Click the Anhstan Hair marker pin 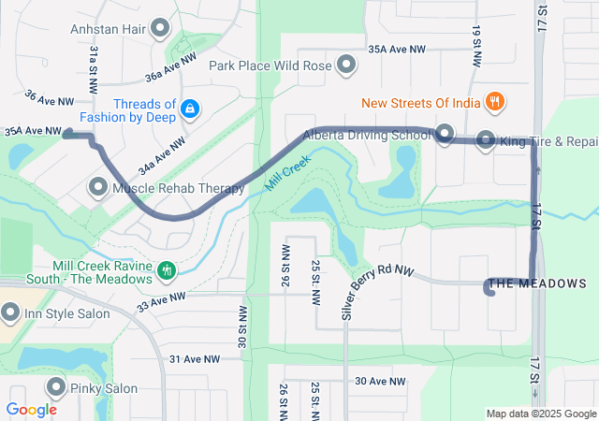pyautogui.click(x=161, y=29)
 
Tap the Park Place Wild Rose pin pyautogui.click(x=347, y=65)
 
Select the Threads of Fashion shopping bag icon pyautogui.click(x=190, y=109)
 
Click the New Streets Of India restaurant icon pyautogui.click(x=495, y=100)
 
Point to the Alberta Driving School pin pyautogui.click(x=445, y=134)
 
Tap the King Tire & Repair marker pyautogui.click(x=486, y=141)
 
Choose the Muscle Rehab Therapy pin pyautogui.click(x=97, y=188)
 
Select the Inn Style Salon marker pyautogui.click(x=10, y=311)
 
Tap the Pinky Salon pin pyautogui.click(x=57, y=387)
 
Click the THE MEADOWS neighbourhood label pyautogui.click(x=538, y=283)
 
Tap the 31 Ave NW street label pyautogui.click(x=194, y=359)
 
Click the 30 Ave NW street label pyautogui.click(x=381, y=382)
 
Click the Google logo pyautogui.click(x=31, y=409)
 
